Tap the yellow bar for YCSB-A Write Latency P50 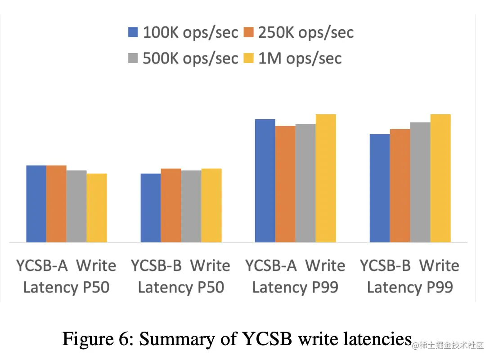point(97,208)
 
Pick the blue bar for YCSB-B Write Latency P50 point(151,208)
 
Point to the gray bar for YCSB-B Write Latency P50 point(191,206)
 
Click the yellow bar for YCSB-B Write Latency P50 point(211,205)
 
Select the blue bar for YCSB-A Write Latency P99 point(265,180)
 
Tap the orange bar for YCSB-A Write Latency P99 point(285,184)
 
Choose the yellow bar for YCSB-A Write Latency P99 point(326,178)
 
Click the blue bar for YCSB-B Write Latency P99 point(380,188)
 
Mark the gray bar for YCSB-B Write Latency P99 point(420,182)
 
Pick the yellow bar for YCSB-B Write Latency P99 point(440,178)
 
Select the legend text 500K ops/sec point(190,58)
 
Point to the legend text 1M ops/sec point(300,58)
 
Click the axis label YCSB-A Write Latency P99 point(295,276)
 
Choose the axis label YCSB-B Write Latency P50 point(180,276)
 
